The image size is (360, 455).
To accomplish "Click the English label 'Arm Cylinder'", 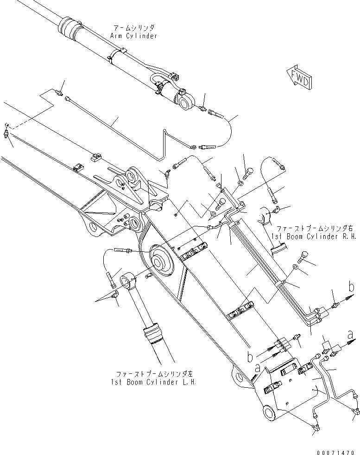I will click(x=134, y=36).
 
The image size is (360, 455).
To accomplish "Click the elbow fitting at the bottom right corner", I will click(x=355, y=410).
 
